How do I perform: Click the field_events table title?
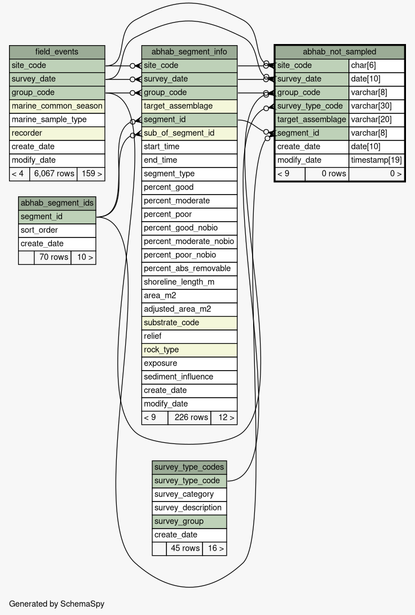point(57,52)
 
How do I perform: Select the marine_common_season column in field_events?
point(57,106)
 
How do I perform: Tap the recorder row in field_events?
point(57,133)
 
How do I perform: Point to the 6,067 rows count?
point(54,174)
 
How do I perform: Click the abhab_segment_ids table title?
point(57,203)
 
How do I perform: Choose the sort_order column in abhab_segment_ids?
point(57,230)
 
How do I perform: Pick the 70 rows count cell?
point(53,257)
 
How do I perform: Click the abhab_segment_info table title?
point(189,52)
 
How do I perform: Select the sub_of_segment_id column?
point(189,133)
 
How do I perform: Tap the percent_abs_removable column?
point(189,268)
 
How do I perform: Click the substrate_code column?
point(189,322)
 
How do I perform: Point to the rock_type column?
point(189,349)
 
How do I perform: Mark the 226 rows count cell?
point(189,418)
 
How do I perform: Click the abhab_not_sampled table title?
point(339,52)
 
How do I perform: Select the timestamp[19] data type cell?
point(376,160)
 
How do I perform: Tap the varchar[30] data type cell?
point(376,106)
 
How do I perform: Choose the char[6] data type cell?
point(376,65)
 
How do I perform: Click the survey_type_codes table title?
point(189,467)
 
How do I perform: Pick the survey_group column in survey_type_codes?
point(189,521)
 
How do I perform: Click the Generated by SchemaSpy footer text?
point(57,604)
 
